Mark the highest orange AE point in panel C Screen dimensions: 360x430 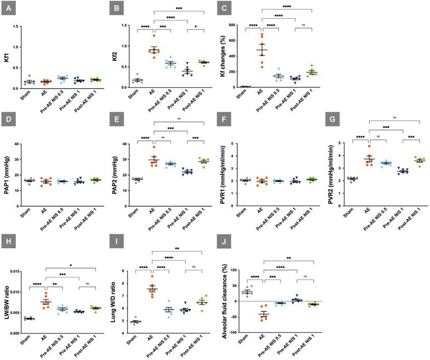pos(261,35)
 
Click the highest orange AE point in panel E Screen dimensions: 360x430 pos(154,147)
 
